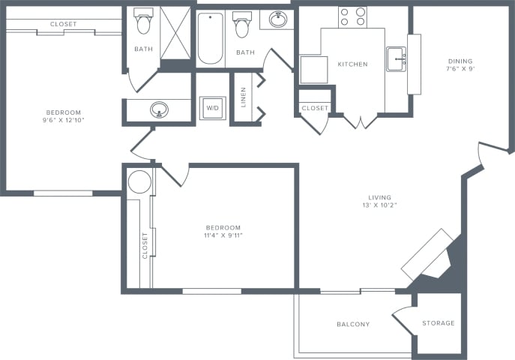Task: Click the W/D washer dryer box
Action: [212, 108]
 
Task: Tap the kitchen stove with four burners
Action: [352, 17]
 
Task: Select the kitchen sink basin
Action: [396, 59]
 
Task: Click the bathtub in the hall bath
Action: [210, 38]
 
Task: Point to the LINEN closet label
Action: [244, 97]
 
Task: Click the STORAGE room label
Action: [439, 323]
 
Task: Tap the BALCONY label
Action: [353, 325]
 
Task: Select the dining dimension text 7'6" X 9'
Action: [460, 69]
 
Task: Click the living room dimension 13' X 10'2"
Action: [379, 205]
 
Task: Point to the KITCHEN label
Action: [353, 64]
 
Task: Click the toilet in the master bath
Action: [143, 21]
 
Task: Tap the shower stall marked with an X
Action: [175, 33]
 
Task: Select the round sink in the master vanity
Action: [159, 109]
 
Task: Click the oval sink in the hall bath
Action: [278, 19]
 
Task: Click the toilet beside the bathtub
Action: [242, 25]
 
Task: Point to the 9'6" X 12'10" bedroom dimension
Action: [64, 120]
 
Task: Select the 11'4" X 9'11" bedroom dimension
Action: [223, 235]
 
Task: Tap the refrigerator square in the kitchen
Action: [314, 70]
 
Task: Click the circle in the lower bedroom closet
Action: [139, 181]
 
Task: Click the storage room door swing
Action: [404, 320]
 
